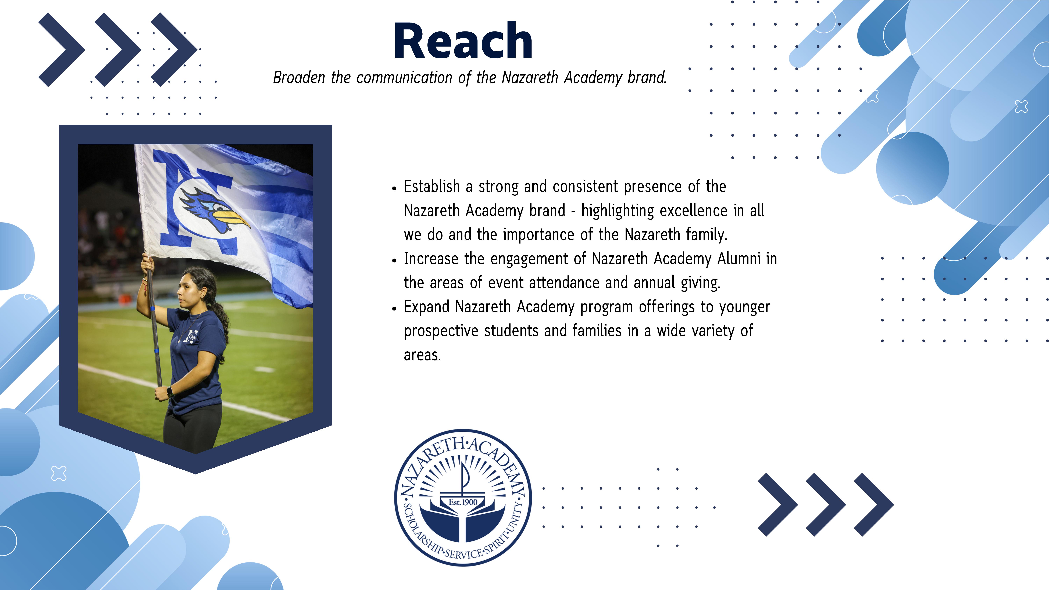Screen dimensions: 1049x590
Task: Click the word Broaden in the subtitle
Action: [299, 77]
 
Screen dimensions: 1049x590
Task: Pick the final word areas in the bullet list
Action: [422, 355]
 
